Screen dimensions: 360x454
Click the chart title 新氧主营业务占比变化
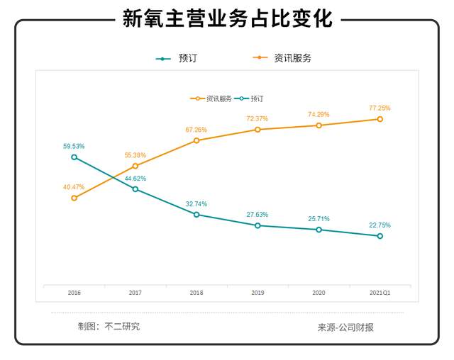[227, 18]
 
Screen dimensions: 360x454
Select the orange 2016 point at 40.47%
[74, 198]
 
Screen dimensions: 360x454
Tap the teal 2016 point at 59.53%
[74, 157]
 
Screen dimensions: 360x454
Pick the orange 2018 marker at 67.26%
[196, 140]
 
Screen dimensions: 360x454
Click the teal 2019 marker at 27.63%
[258, 225]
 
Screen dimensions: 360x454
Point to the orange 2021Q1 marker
[380, 119]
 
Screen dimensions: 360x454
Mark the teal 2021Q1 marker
[380, 236]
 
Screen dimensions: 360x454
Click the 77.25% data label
[380, 108]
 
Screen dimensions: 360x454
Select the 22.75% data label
[380, 225]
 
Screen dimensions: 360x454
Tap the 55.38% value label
[135, 155]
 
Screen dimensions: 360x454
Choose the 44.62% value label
[135, 179]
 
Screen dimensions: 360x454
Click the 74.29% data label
[319, 114]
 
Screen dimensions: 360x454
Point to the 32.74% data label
[196, 203]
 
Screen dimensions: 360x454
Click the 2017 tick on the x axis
[135, 292]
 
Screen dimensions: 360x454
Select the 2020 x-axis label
[319, 292]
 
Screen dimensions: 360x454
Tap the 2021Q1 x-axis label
[380, 292]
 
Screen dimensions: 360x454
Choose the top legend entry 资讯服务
[292, 58]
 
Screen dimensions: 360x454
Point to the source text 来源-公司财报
[345, 327]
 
